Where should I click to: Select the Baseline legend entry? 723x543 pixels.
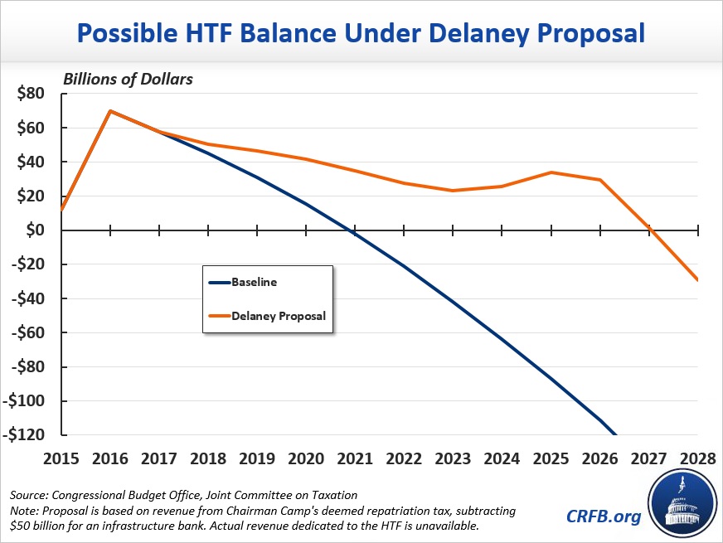(x=255, y=282)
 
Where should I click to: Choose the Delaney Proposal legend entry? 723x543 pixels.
(x=278, y=316)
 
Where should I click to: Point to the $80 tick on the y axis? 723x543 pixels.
(x=31, y=93)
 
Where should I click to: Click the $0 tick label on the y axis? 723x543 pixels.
(x=36, y=230)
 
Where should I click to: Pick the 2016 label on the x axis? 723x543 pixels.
(x=110, y=458)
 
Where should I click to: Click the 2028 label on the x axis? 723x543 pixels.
(x=699, y=458)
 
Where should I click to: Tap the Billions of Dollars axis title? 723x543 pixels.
(x=128, y=79)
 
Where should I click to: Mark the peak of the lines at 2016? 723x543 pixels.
(x=110, y=111)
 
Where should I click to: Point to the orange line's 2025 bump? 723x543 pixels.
(x=551, y=172)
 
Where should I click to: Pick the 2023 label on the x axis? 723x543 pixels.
(x=454, y=458)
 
